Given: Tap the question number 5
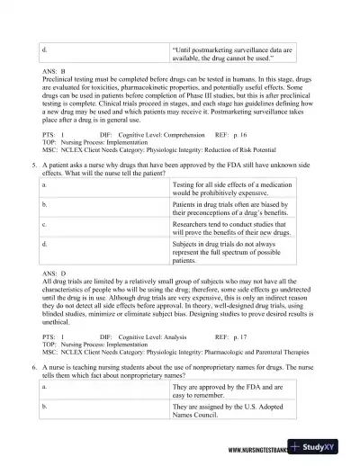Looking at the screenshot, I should point(33,166).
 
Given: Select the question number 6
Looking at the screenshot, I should point(33,368).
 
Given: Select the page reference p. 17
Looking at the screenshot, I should point(230,336).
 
